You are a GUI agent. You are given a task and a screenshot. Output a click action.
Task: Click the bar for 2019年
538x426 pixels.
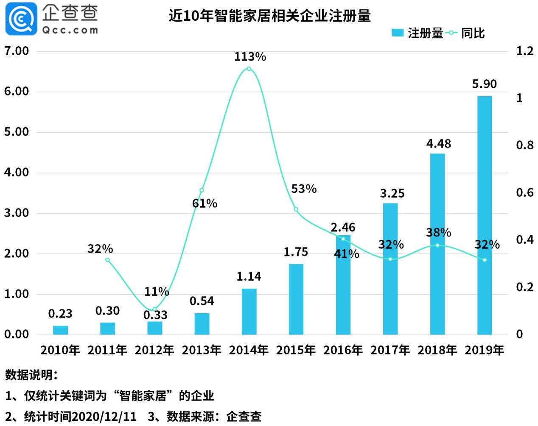(x=485, y=215)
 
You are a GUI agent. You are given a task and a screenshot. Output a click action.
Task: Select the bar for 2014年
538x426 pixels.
(x=249, y=312)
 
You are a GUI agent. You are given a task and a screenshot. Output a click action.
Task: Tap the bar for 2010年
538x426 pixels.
(x=60, y=330)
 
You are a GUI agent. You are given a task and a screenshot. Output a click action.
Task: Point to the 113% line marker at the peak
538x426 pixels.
(x=249, y=69)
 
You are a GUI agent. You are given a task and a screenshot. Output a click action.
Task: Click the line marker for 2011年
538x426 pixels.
(x=107, y=260)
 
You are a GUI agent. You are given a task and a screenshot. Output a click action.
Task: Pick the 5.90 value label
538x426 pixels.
(x=485, y=84)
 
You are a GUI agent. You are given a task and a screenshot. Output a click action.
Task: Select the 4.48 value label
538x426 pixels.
(x=438, y=144)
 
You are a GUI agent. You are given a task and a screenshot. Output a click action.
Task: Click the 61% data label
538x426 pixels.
(x=205, y=203)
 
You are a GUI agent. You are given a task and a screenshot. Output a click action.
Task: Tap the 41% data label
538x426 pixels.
(x=346, y=254)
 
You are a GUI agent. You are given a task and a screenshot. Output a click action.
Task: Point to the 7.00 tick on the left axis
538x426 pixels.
(x=17, y=51)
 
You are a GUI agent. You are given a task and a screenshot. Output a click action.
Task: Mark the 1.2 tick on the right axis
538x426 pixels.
(x=524, y=51)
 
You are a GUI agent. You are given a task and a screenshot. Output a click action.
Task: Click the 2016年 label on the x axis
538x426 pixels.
(x=343, y=350)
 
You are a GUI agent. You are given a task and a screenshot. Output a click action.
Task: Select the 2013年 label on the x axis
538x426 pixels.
(x=202, y=350)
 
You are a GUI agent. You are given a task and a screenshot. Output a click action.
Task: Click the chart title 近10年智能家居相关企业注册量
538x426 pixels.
(x=269, y=16)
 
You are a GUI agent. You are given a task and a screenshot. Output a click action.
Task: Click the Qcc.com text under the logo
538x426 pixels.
(x=70, y=30)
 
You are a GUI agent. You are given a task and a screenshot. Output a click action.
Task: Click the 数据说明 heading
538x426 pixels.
(x=30, y=375)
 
